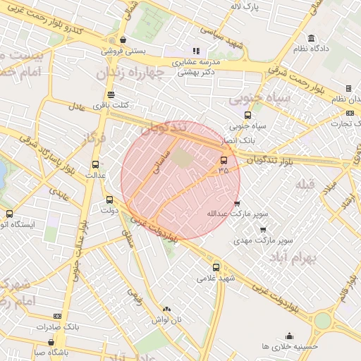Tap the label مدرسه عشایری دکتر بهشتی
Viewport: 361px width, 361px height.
pyautogui.click(x=197, y=67)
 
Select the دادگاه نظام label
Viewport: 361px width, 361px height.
pyautogui.click(x=312, y=49)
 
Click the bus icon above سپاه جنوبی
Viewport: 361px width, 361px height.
pyautogui.click(x=247, y=115)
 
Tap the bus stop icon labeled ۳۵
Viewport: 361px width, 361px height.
pyautogui.click(x=224, y=160)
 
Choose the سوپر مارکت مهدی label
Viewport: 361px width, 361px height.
pyautogui.click(x=262, y=240)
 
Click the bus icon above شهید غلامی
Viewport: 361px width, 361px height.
pyautogui.click(x=216, y=267)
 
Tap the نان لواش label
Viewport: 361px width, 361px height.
pyautogui.click(x=166, y=319)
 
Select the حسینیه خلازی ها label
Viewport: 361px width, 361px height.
pyautogui.click(x=289, y=346)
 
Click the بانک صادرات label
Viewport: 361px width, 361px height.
pyautogui.click(x=58, y=327)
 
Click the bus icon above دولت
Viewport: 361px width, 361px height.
pyautogui.click(x=109, y=200)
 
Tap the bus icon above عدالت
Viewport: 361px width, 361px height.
pyautogui.click(x=96, y=164)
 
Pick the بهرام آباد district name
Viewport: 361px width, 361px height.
pyautogui.click(x=286, y=258)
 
